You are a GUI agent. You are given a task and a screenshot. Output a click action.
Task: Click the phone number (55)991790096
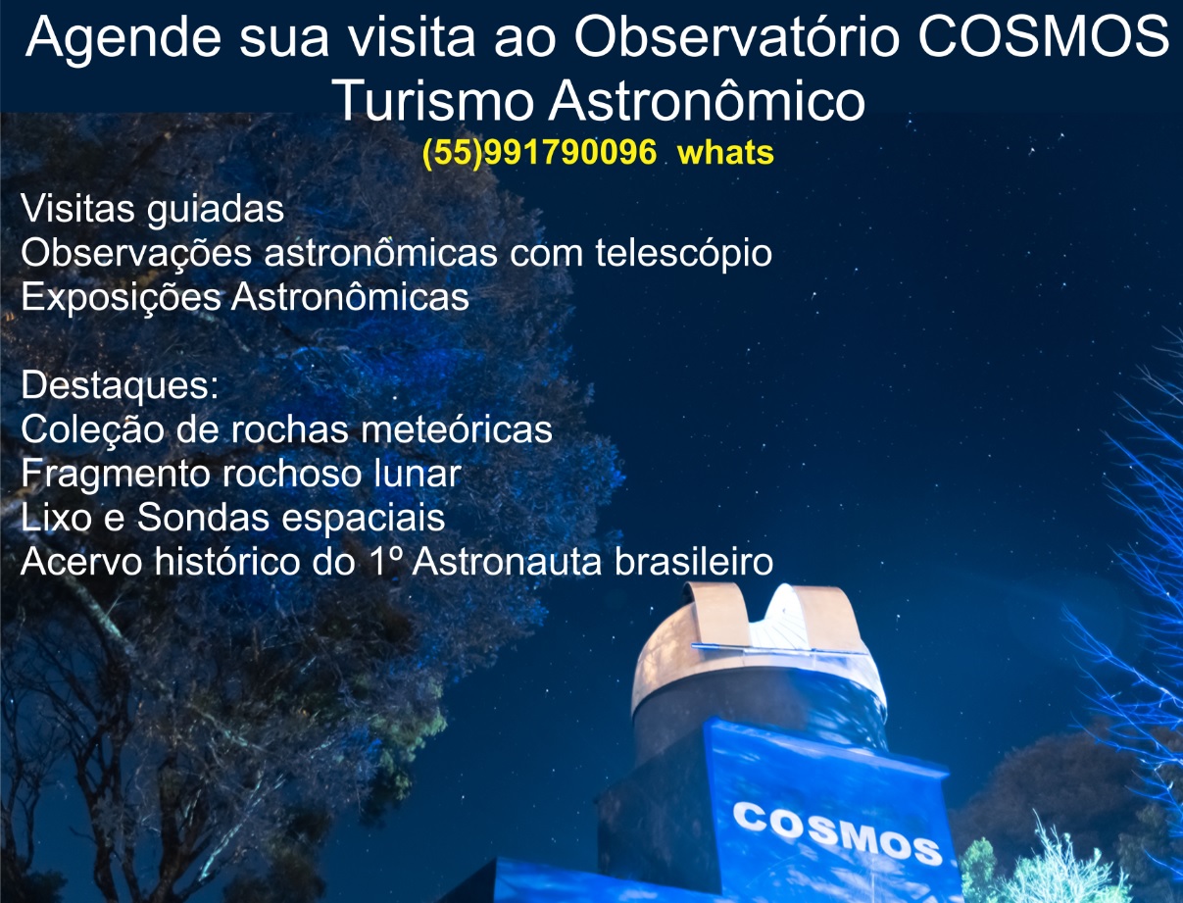(x=539, y=153)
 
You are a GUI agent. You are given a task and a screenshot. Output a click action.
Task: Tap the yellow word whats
(x=725, y=153)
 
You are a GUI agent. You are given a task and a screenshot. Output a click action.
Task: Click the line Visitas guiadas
(x=153, y=209)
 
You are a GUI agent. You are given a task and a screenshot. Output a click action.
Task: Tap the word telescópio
(x=683, y=253)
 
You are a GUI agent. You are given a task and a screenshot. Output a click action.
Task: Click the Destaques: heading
(x=120, y=385)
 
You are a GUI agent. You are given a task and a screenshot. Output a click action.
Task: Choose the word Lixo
(x=58, y=517)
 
